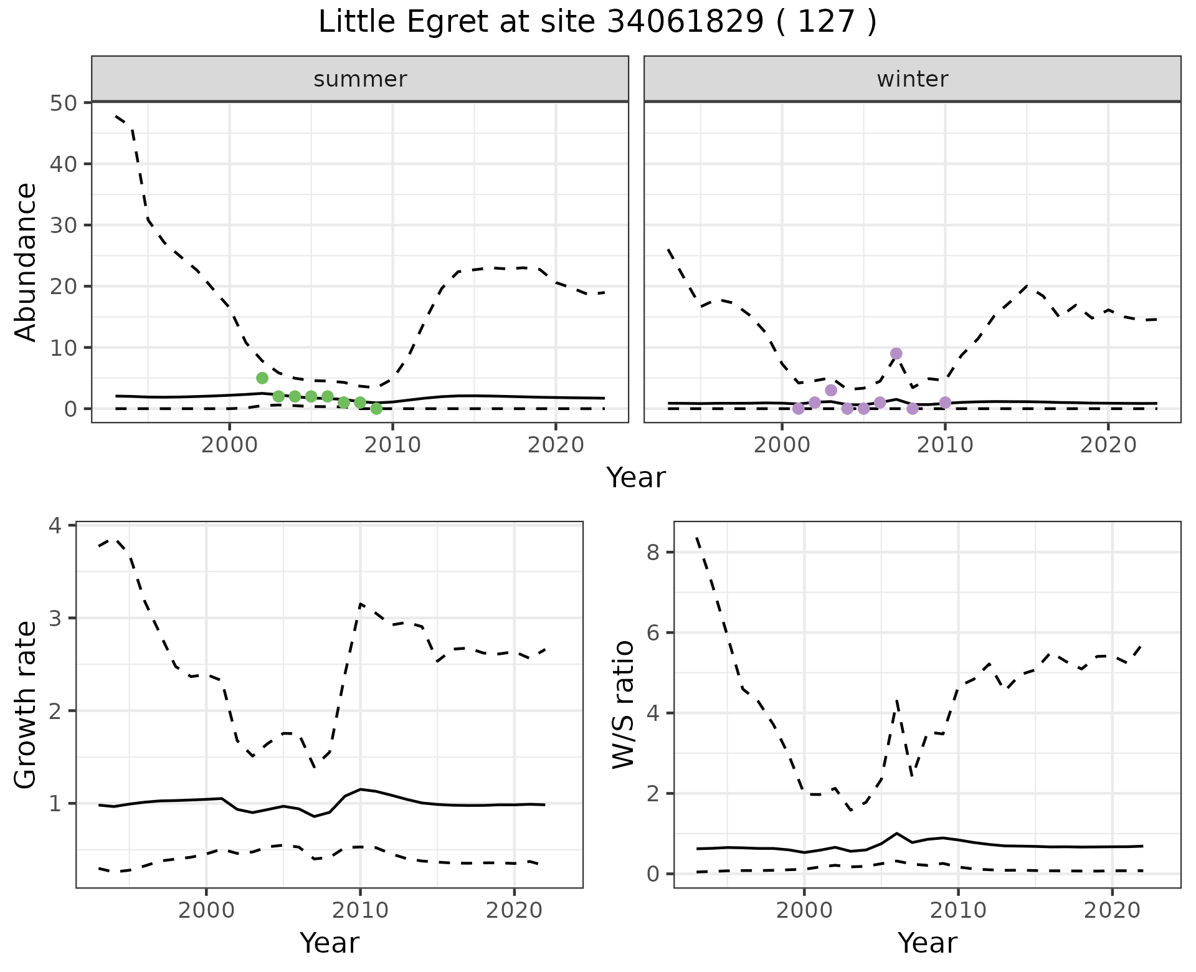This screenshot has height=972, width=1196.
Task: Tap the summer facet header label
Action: pos(360,79)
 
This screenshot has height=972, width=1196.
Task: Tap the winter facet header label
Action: pos(912,79)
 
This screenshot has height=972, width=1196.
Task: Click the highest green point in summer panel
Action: pos(262,378)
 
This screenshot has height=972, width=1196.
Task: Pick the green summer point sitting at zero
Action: pos(376,409)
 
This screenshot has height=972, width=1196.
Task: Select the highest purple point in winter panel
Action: pos(896,354)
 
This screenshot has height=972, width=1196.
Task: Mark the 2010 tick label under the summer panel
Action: pos(392,445)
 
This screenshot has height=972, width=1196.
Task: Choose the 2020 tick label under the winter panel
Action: pos(1108,445)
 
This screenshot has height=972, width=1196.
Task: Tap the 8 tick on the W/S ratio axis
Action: pos(653,553)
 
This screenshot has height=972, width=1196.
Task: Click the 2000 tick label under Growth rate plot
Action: pos(206,910)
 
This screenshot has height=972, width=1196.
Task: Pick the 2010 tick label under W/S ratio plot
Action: pos(958,910)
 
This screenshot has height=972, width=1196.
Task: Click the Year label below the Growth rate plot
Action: pos(330,943)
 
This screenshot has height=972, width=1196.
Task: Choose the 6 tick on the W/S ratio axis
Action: pos(653,633)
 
